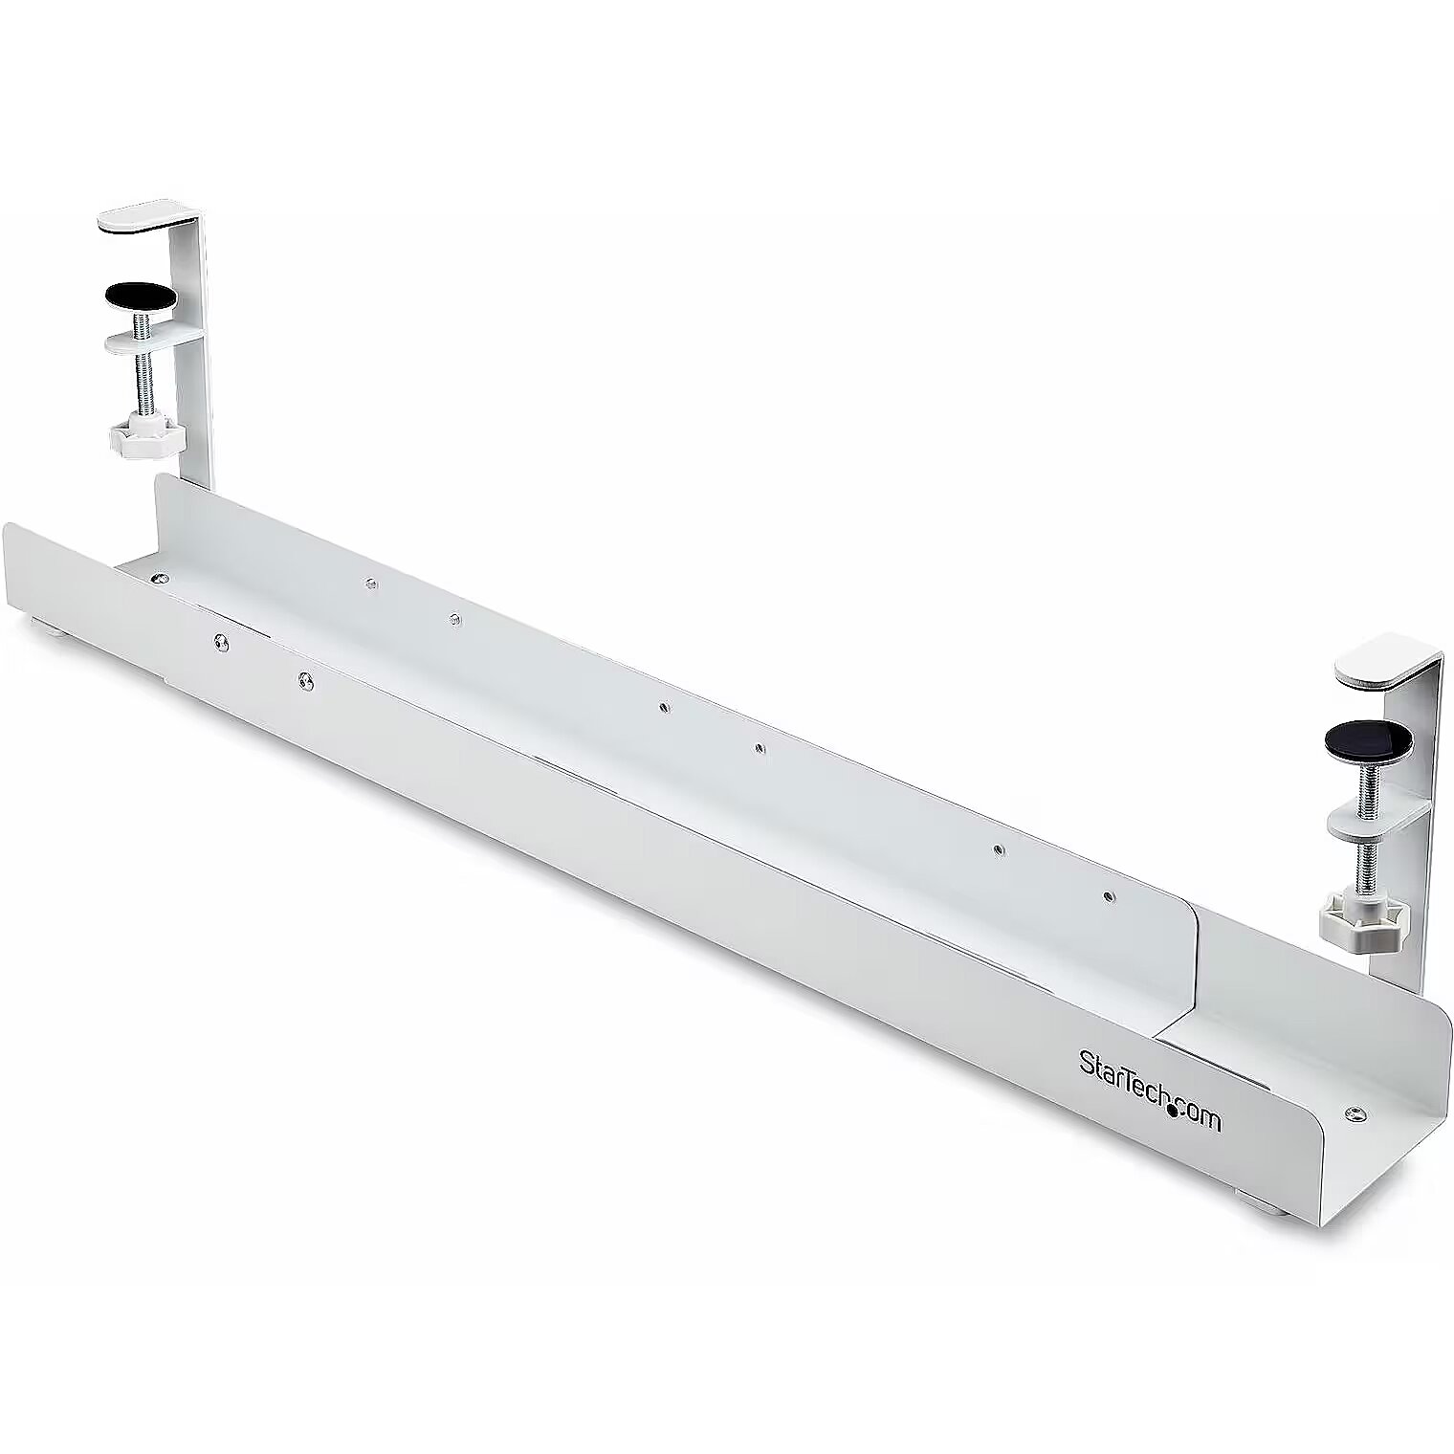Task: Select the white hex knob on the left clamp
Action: (x=139, y=438)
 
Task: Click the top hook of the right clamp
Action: (x=1385, y=664)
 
